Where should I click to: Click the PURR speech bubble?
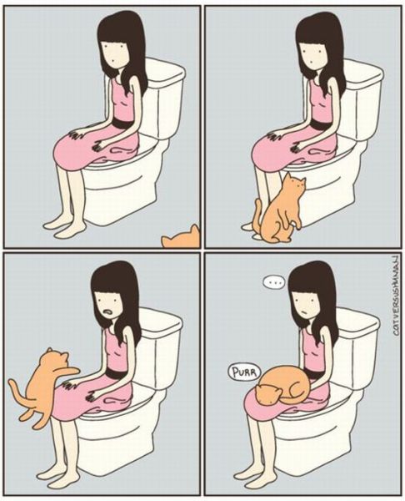(242, 370)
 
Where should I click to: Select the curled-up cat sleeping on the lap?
(281, 387)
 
